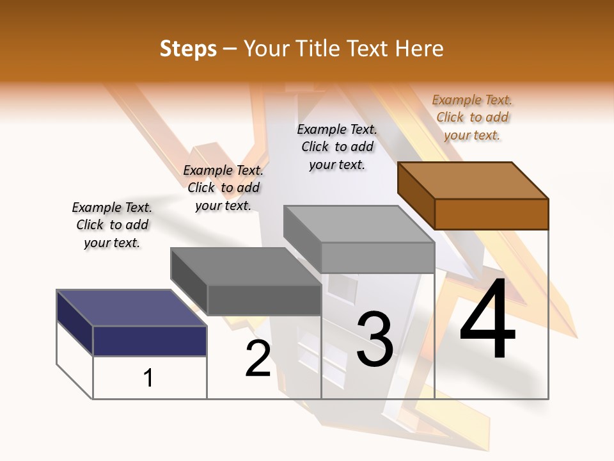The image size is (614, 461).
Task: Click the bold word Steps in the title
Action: [188, 49]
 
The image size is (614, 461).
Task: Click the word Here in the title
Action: [419, 49]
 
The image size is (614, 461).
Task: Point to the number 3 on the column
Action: [374, 339]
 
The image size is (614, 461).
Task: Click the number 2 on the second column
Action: [258, 359]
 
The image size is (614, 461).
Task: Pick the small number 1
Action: [148, 378]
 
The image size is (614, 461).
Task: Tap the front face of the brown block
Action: [491, 214]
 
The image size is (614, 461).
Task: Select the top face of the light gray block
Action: [359, 223]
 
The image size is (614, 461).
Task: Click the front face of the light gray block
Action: [377, 257]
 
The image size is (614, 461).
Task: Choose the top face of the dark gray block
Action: [245, 266]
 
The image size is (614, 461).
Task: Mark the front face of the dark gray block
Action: [264, 300]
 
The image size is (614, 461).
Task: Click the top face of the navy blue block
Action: [131, 308]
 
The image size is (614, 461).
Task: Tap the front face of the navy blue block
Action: [150, 341]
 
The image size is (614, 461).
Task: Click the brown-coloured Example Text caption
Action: [472, 117]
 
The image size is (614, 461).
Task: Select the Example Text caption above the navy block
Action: [112, 225]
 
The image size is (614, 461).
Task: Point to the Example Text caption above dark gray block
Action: [223, 188]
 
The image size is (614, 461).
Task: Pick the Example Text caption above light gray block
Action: [337, 147]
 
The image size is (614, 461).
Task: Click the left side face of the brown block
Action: [416, 195]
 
